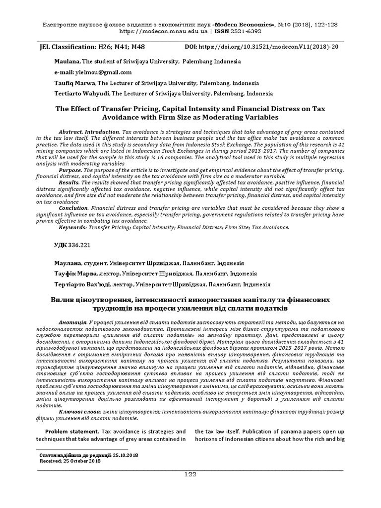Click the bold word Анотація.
[x=72, y=322]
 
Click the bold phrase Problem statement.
[x=70, y=431]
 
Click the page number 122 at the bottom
[x=190, y=475]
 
